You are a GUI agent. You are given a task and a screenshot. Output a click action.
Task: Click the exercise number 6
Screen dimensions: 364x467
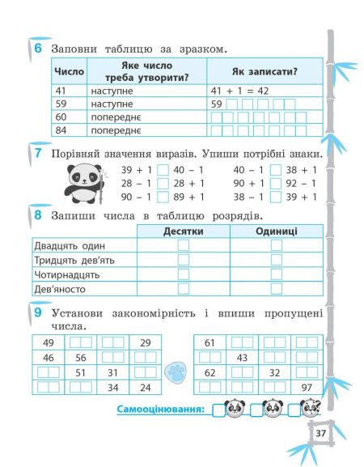click(x=37, y=48)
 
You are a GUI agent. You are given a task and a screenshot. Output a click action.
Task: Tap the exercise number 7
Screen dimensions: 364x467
click(x=37, y=153)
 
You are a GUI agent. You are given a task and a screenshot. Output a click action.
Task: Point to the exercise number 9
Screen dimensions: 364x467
click(x=37, y=312)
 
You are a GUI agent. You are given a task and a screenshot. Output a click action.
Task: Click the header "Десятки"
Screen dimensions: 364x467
click(x=183, y=231)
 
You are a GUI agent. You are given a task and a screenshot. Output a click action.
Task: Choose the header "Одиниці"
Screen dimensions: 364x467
click(x=276, y=231)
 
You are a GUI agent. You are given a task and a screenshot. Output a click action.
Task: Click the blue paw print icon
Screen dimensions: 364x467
click(x=176, y=373)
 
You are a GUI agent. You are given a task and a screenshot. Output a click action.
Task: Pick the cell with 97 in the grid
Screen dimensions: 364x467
click(x=307, y=388)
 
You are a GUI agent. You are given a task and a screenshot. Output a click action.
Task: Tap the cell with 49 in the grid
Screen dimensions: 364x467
click(x=49, y=343)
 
